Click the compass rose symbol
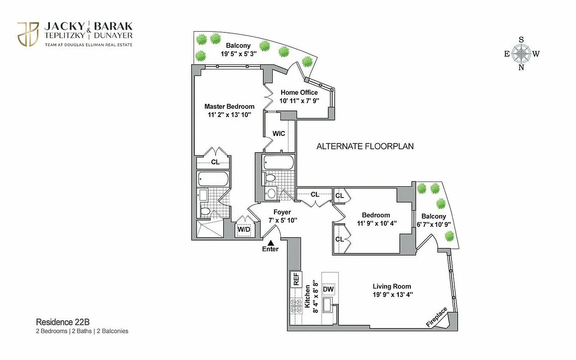[521, 54]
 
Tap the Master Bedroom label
[229, 107]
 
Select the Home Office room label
[299, 92]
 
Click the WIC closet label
[279, 134]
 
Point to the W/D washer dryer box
[244, 229]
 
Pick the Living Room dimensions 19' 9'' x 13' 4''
[391, 295]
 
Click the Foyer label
[282, 212]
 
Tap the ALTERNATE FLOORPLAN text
[365, 146]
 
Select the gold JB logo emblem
[28, 34]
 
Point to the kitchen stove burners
[297, 306]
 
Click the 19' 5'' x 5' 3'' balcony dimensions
[238, 54]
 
